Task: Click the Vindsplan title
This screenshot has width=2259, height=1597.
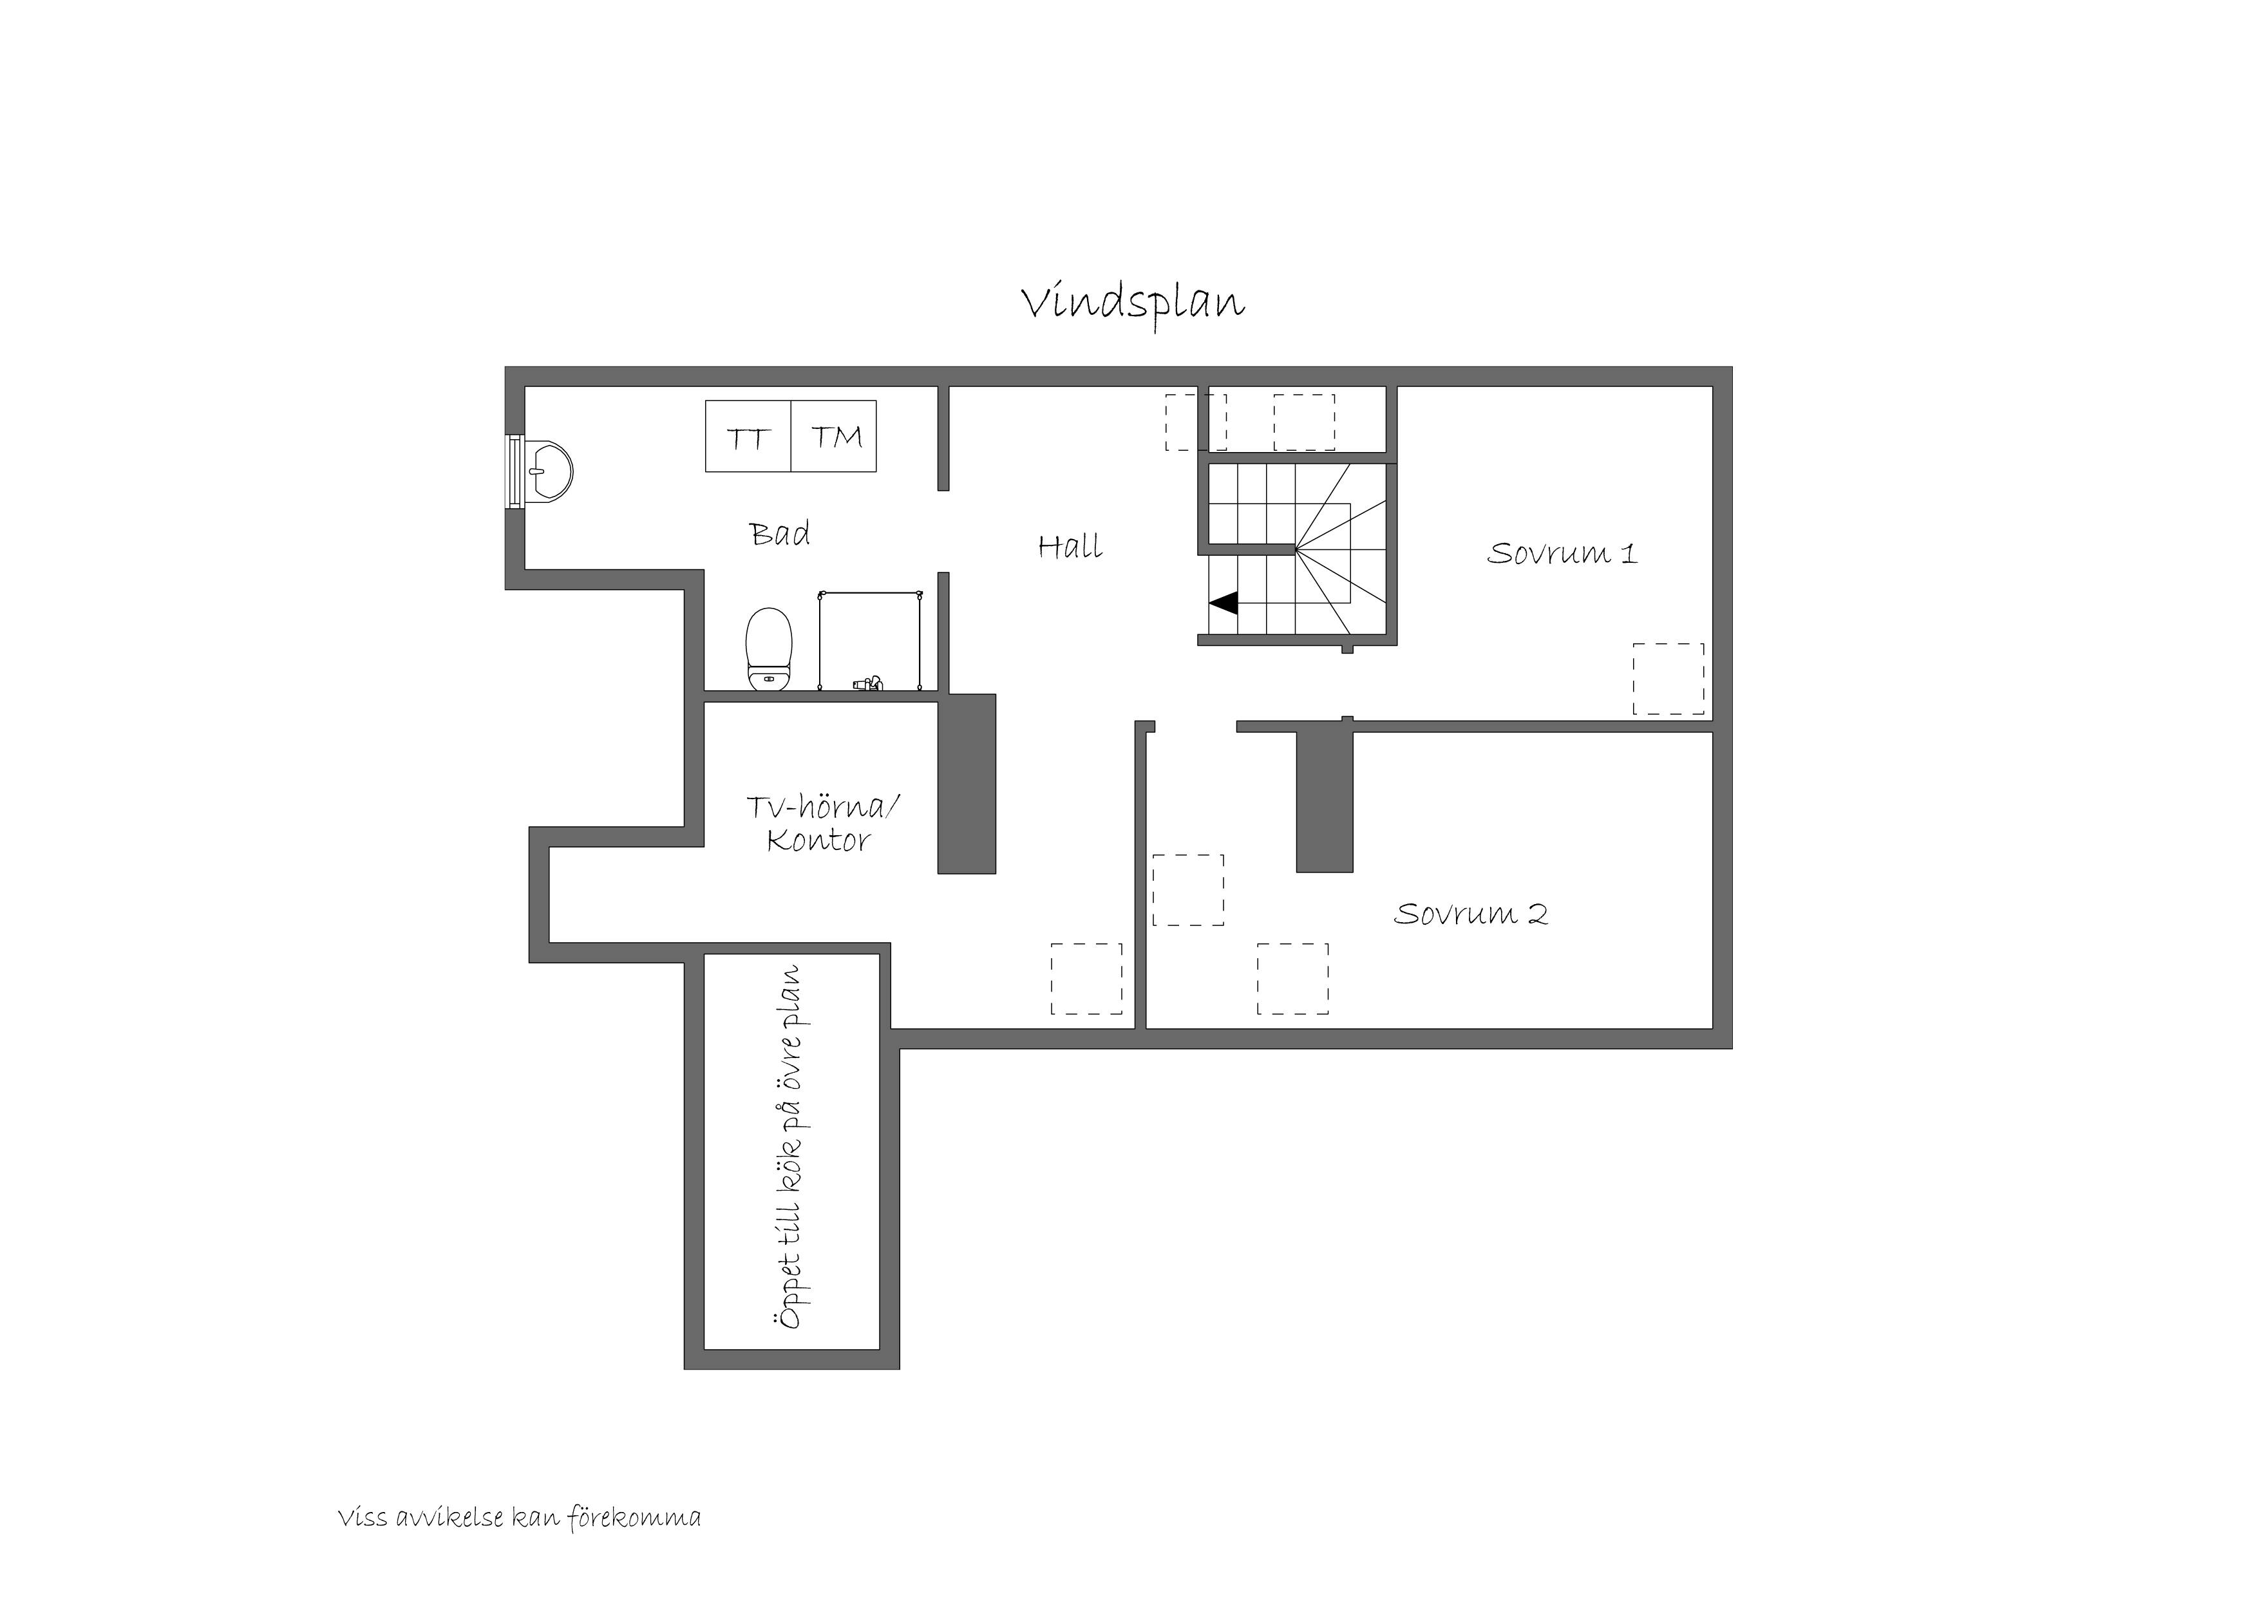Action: tap(1133, 304)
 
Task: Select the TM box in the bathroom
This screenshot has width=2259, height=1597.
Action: tap(835, 436)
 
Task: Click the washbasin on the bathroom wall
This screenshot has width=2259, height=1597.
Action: tap(548, 472)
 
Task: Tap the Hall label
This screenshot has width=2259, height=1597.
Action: tap(1070, 546)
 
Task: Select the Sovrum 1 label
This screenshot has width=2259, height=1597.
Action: tap(1562, 553)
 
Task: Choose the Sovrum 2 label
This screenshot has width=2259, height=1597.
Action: tap(1471, 914)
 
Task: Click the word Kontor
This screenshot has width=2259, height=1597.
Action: tap(818, 841)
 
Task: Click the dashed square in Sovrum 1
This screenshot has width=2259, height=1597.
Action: tap(1668, 679)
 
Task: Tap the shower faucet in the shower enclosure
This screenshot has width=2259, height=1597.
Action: tap(867, 682)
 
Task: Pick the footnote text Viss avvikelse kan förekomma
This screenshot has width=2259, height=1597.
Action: tap(520, 1518)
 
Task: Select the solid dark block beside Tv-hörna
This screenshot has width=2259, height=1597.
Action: tap(966, 784)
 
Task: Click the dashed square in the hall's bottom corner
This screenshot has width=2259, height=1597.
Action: tap(1086, 979)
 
